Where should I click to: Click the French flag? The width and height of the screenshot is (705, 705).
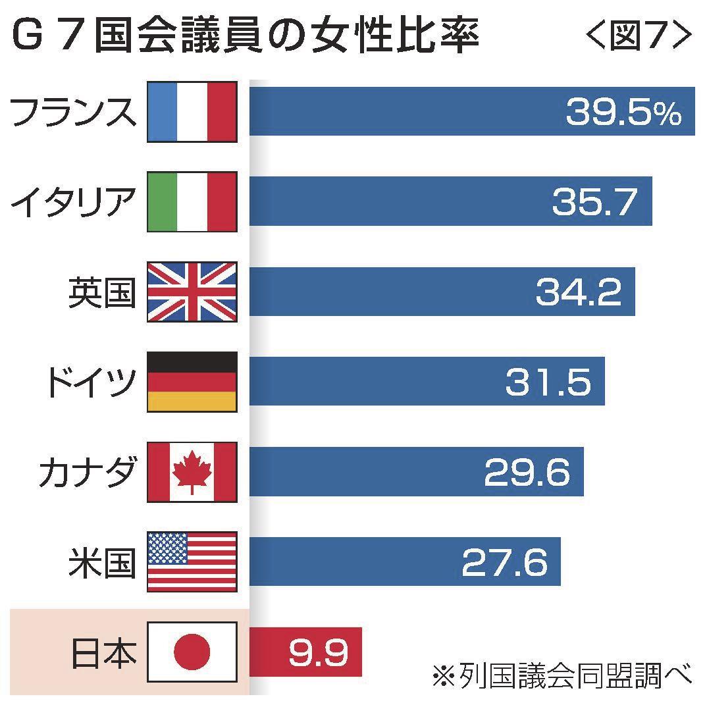192,111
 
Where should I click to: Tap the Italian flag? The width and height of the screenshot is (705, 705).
192,201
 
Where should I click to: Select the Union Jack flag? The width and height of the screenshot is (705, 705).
192,292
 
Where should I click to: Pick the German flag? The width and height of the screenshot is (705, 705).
192,382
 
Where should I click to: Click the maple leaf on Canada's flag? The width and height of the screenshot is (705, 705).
192,472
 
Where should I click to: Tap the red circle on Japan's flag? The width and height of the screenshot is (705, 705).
192,652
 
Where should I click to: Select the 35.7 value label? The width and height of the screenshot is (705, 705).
594,202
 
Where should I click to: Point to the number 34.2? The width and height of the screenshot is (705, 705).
578,292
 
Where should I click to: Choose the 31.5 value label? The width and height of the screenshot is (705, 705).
548,382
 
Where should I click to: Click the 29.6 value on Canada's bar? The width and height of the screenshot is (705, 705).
527,472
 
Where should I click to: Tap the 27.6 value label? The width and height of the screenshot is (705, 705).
504,562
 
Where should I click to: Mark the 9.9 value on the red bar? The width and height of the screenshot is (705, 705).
316,652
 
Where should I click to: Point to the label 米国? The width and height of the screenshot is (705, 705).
103,562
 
